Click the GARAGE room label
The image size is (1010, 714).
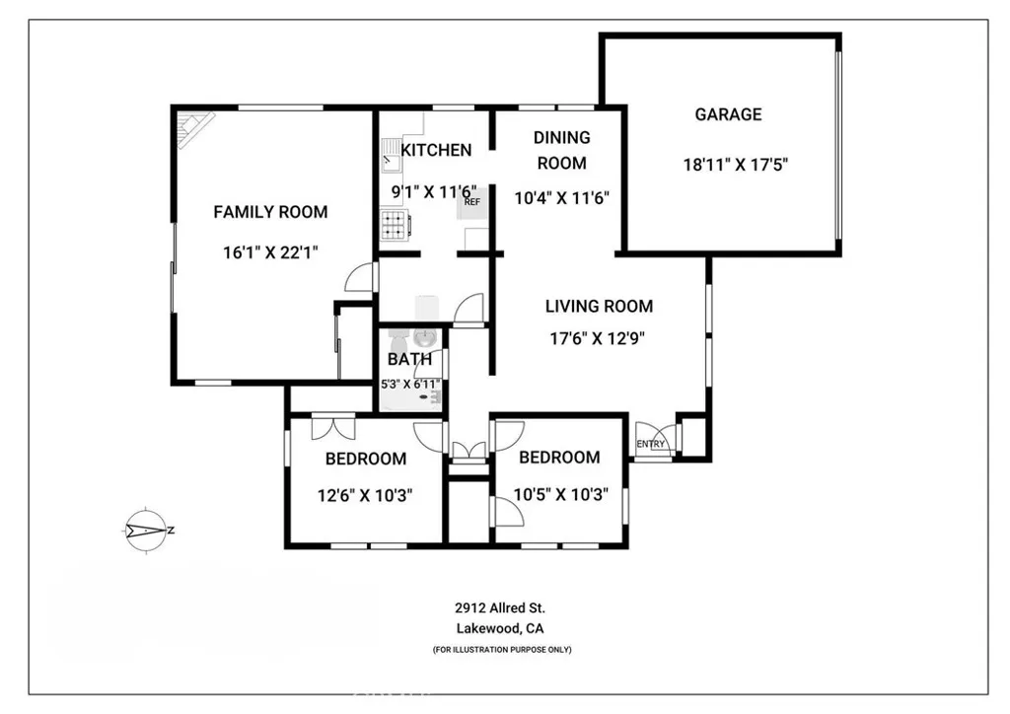coord(728,114)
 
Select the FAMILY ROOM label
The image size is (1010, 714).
coord(270,211)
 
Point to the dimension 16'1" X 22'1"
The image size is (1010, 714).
coord(270,252)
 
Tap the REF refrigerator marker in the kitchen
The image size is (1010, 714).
coord(472,201)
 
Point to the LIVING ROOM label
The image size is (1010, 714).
coord(599,307)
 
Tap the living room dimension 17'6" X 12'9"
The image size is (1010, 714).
coord(599,338)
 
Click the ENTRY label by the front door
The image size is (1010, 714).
coord(650,445)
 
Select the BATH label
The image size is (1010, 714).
coord(409,360)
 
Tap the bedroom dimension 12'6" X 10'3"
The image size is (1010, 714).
coord(365,495)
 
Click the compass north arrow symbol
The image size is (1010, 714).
coord(148,530)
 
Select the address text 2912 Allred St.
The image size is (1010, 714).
coord(500,608)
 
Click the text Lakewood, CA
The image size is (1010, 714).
coord(500,628)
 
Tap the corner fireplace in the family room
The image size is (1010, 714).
coord(193,128)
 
